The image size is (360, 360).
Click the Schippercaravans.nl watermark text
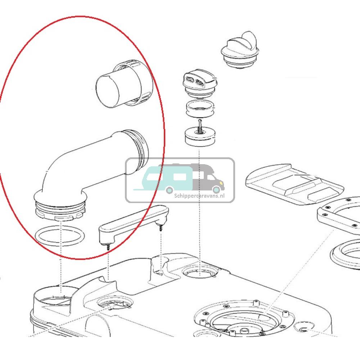[x=199, y=196]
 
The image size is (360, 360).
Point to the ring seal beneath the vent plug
[x=199, y=109]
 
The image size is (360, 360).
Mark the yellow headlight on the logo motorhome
[x=221, y=183]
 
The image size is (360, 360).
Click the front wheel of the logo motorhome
[x=216, y=189]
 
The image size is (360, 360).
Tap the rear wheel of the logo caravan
[x=170, y=190]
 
